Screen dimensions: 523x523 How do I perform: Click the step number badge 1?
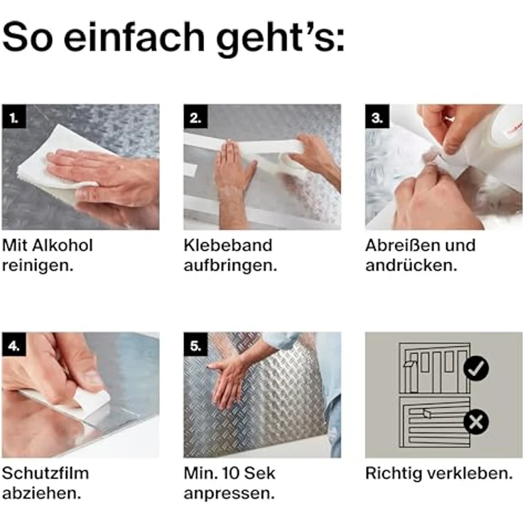(14, 117)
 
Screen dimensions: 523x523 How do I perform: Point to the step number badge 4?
(14, 345)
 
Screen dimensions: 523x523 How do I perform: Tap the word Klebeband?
(227, 246)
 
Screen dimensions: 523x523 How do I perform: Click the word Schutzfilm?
(45, 473)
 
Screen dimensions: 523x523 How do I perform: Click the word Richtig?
(392, 473)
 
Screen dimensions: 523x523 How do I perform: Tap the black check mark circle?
(475, 367)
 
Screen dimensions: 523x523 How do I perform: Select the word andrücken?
(410, 266)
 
